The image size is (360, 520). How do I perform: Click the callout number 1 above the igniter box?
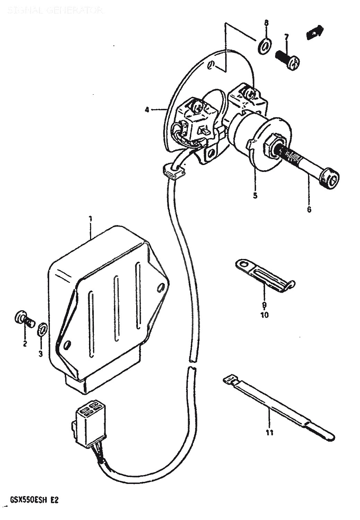tap(90, 219)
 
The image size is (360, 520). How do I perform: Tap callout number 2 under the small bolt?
tap(25, 344)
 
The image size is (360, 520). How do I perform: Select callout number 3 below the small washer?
tap(41, 354)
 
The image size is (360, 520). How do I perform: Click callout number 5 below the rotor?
tap(255, 196)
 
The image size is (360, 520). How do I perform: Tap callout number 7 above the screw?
tap(286, 36)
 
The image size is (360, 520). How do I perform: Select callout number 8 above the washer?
tap(266, 23)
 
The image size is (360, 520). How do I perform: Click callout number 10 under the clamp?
tap(264, 315)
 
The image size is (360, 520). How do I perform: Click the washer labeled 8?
tap(265, 45)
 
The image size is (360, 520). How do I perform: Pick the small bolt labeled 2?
tap(24, 319)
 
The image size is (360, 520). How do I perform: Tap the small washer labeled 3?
tap(42, 329)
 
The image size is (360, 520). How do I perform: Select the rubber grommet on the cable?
tap(173, 171)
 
